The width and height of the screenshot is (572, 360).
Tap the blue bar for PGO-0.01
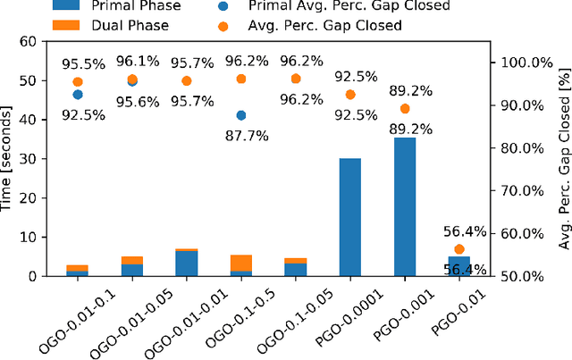459,266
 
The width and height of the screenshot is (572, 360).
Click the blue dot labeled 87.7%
240,115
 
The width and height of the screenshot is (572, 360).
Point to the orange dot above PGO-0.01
459,249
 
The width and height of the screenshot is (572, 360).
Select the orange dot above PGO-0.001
405,109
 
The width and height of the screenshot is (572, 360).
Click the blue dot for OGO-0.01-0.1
77,95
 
